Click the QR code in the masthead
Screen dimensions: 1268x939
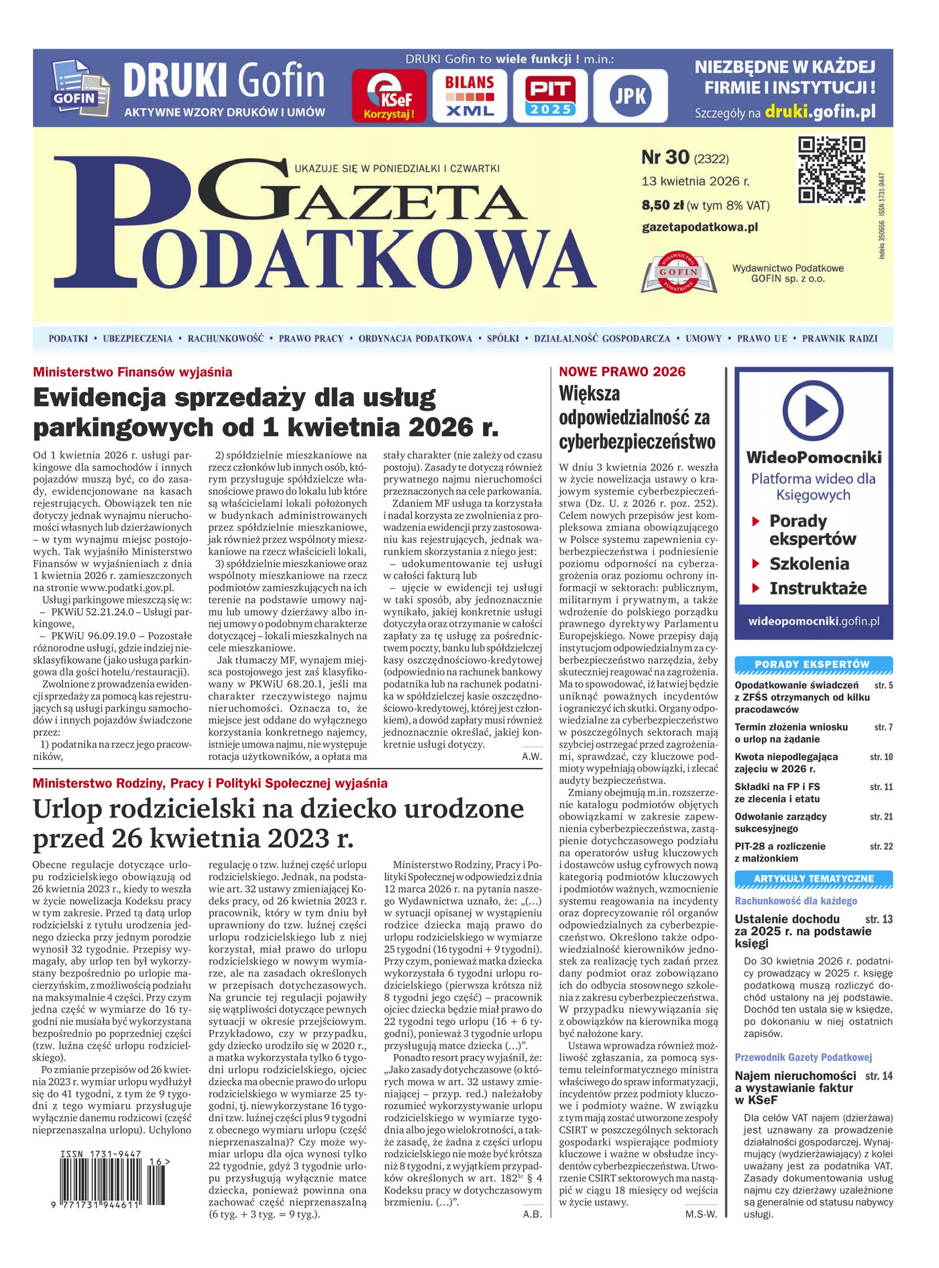(x=831, y=169)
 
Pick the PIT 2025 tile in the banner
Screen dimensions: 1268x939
(x=549, y=95)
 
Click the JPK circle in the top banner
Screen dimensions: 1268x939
(x=630, y=96)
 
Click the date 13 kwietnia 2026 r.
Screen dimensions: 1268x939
(x=695, y=181)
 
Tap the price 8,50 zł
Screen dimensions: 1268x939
(x=663, y=205)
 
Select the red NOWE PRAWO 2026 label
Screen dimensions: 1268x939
(x=622, y=372)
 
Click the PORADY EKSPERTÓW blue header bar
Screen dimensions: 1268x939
(x=813, y=665)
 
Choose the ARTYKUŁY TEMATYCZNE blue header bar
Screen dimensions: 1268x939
(x=813, y=879)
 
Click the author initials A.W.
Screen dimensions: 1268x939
(x=531, y=757)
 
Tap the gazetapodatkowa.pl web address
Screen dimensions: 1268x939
(x=700, y=227)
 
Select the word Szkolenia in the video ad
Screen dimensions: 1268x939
(x=809, y=564)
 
